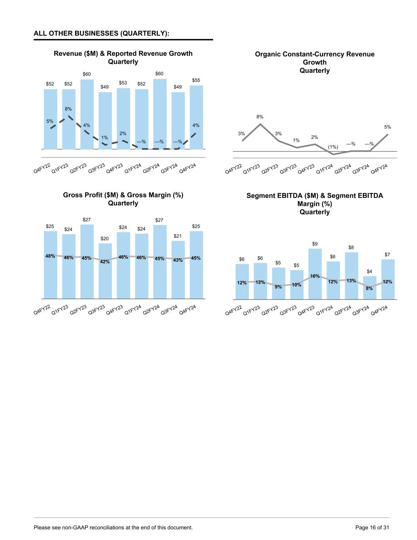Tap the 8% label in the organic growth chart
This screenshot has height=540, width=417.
click(260, 117)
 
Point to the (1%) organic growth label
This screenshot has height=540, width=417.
click(333, 147)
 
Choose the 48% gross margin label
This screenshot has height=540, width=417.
click(50, 256)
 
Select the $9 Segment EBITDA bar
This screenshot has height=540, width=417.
click(315, 261)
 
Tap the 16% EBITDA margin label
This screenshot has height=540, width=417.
click(315, 276)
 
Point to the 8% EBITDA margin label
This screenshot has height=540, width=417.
click(369, 288)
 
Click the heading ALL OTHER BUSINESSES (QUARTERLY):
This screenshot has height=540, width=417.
click(102, 33)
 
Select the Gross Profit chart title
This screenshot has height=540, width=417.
click(123, 199)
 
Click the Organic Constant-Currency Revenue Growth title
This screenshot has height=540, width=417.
click(315, 62)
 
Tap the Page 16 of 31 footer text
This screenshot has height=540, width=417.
click(372, 527)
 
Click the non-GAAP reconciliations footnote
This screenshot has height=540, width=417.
click(113, 527)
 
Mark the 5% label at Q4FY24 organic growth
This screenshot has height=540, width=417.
click(388, 127)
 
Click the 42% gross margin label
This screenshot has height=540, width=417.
click(105, 261)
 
